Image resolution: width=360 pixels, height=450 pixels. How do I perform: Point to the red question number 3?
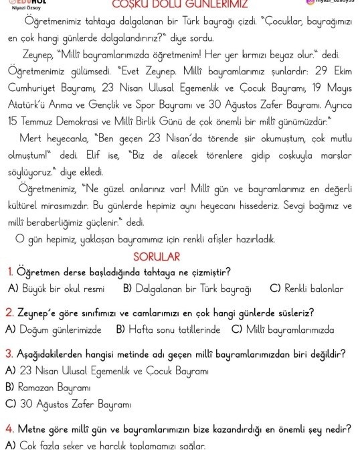pyautogui.click(x=7, y=352)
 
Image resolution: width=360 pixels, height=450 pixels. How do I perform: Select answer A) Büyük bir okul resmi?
pyautogui.click(x=56, y=289)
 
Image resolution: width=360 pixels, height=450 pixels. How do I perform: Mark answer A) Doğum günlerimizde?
pyautogui.click(x=53, y=329)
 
